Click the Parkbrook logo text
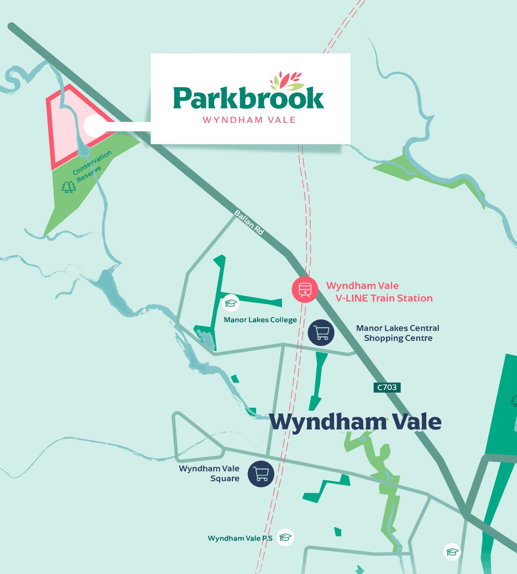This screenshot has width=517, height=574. click(248, 98)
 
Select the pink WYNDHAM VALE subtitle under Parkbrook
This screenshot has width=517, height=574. click(249, 120)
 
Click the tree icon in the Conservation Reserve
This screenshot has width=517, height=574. click(68, 187)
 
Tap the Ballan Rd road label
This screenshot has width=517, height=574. click(249, 222)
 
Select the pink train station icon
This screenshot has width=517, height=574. click(305, 289)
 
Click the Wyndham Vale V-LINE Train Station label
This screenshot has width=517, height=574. click(379, 292)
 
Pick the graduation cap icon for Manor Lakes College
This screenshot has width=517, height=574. click(231, 302)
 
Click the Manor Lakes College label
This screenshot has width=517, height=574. click(260, 320)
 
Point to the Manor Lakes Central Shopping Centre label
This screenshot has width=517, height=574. click(397, 333)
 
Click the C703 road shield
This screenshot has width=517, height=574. click(387, 387)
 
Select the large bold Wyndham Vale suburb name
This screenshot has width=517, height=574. click(355, 422)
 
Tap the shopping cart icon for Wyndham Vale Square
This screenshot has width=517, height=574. click(261, 474)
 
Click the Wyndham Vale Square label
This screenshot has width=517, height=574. click(209, 473)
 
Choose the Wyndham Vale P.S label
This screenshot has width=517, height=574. click(240, 539)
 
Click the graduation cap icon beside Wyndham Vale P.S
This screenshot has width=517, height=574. click(285, 538)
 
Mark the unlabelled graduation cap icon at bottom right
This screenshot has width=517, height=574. click(452, 552)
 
